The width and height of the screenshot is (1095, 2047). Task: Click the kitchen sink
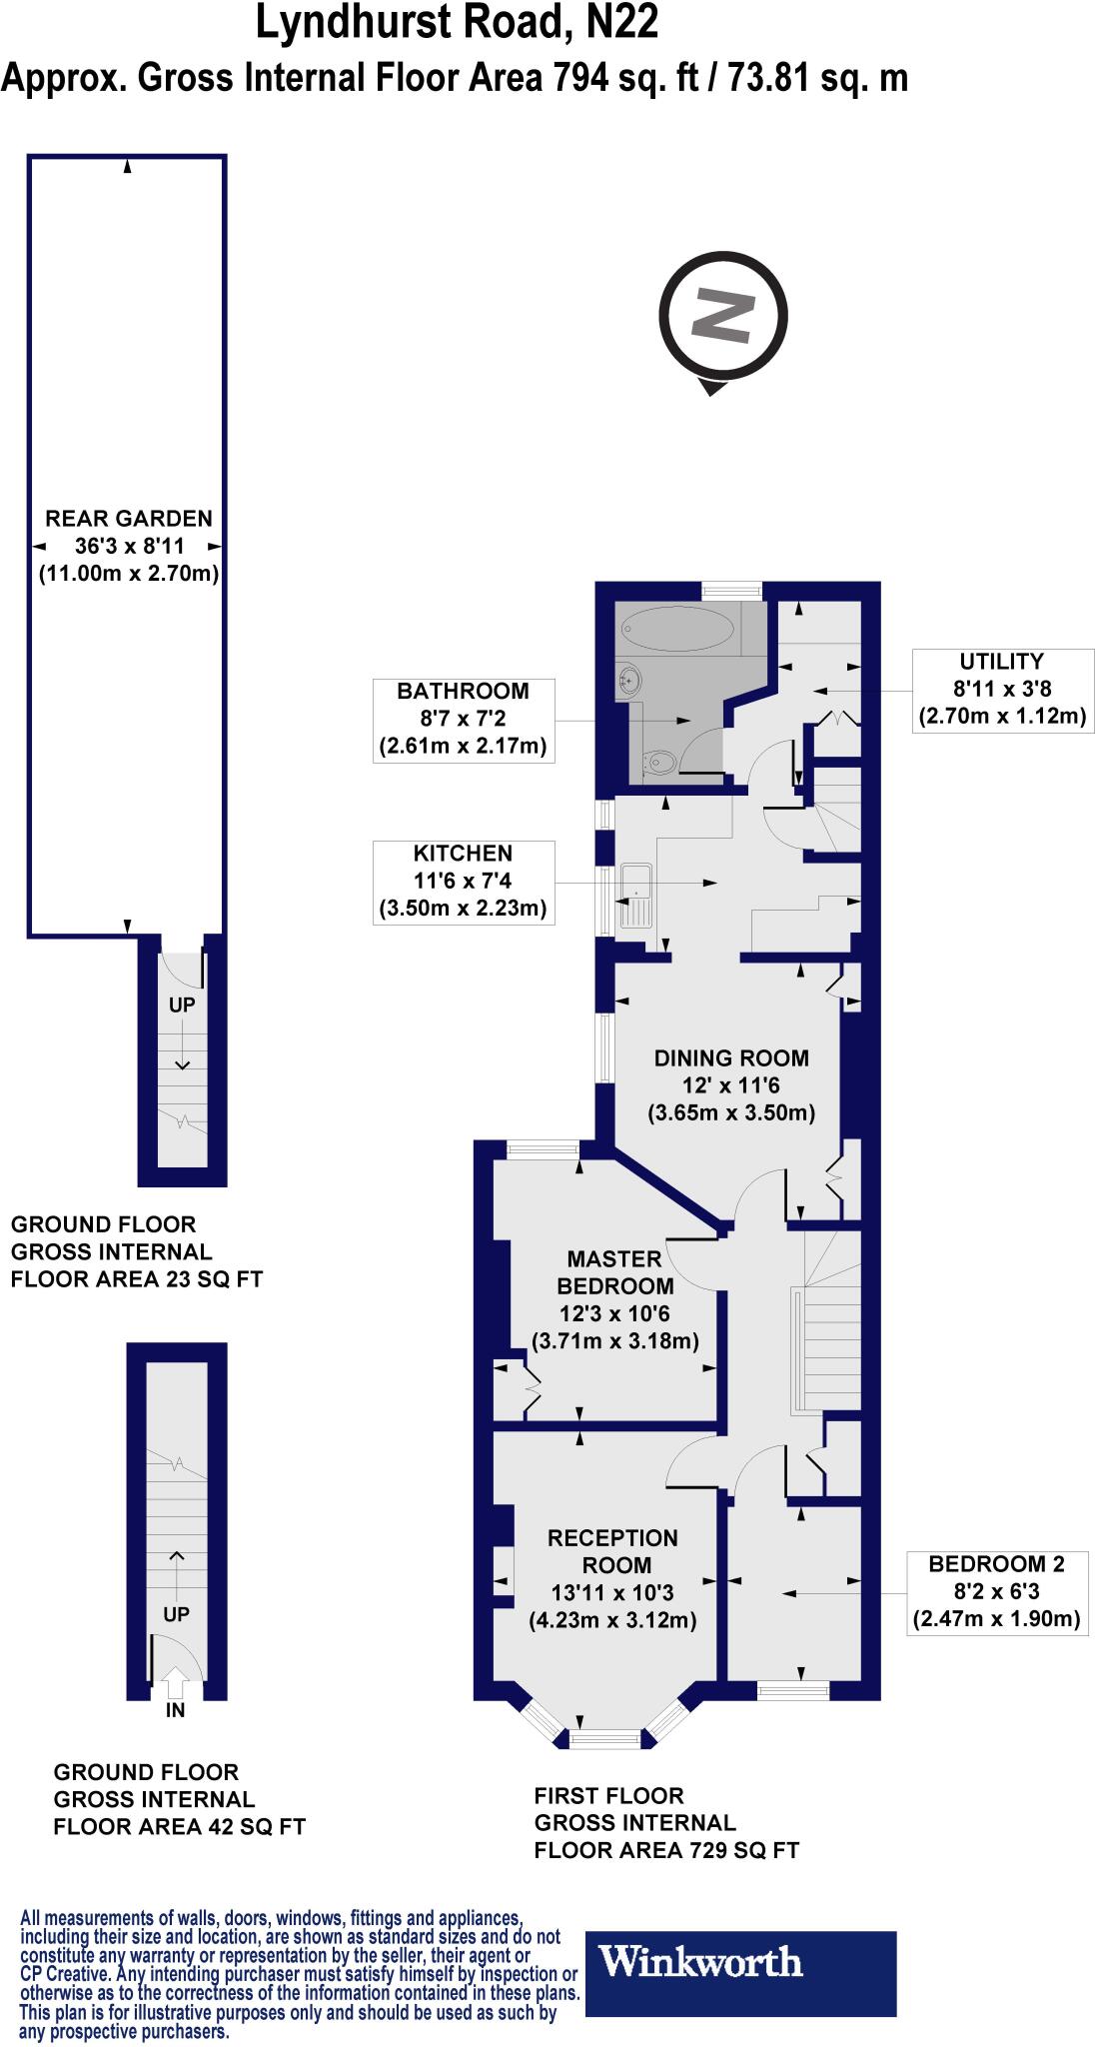coord(635,896)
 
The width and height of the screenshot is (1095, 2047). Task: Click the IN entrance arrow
coord(175,1684)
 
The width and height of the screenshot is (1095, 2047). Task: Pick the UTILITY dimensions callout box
coord(1001,689)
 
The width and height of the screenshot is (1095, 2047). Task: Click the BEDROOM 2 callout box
coord(996,1592)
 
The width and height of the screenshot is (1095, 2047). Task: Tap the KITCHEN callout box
coord(463,881)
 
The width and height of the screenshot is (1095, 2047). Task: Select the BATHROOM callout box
coord(463,719)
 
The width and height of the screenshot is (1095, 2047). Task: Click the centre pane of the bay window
coord(604,1740)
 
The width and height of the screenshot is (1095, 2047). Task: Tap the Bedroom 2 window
coord(793,1690)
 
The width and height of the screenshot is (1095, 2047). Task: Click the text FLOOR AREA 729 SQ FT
coord(666,1850)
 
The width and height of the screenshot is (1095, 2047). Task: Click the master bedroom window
coord(543,1150)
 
